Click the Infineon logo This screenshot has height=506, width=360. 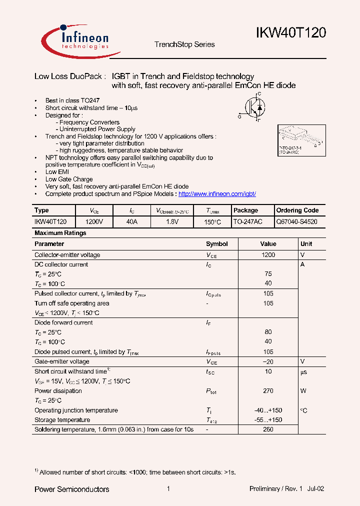[x=75, y=39]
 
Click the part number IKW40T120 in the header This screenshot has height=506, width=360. [x=291, y=33]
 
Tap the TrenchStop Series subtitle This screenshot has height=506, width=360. [x=184, y=44]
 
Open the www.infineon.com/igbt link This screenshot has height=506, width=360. [x=217, y=194]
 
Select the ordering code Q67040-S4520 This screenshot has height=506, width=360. [x=296, y=221]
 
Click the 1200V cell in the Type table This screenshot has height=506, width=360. [x=94, y=221]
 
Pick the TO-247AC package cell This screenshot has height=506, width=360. [x=247, y=221]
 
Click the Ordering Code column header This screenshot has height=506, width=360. [x=297, y=210]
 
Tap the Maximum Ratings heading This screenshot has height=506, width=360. [x=60, y=233]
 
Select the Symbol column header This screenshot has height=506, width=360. [x=216, y=244]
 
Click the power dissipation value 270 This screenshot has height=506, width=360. [x=268, y=391]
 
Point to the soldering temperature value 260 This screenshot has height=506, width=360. [x=268, y=429]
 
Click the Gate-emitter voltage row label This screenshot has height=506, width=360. [x=62, y=361]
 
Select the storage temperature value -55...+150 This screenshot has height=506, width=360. [x=268, y=420]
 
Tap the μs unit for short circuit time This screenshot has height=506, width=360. [x=303, y=371]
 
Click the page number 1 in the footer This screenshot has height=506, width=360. [x=168, y=489]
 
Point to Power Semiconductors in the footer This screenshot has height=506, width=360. [x=71, y=489]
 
